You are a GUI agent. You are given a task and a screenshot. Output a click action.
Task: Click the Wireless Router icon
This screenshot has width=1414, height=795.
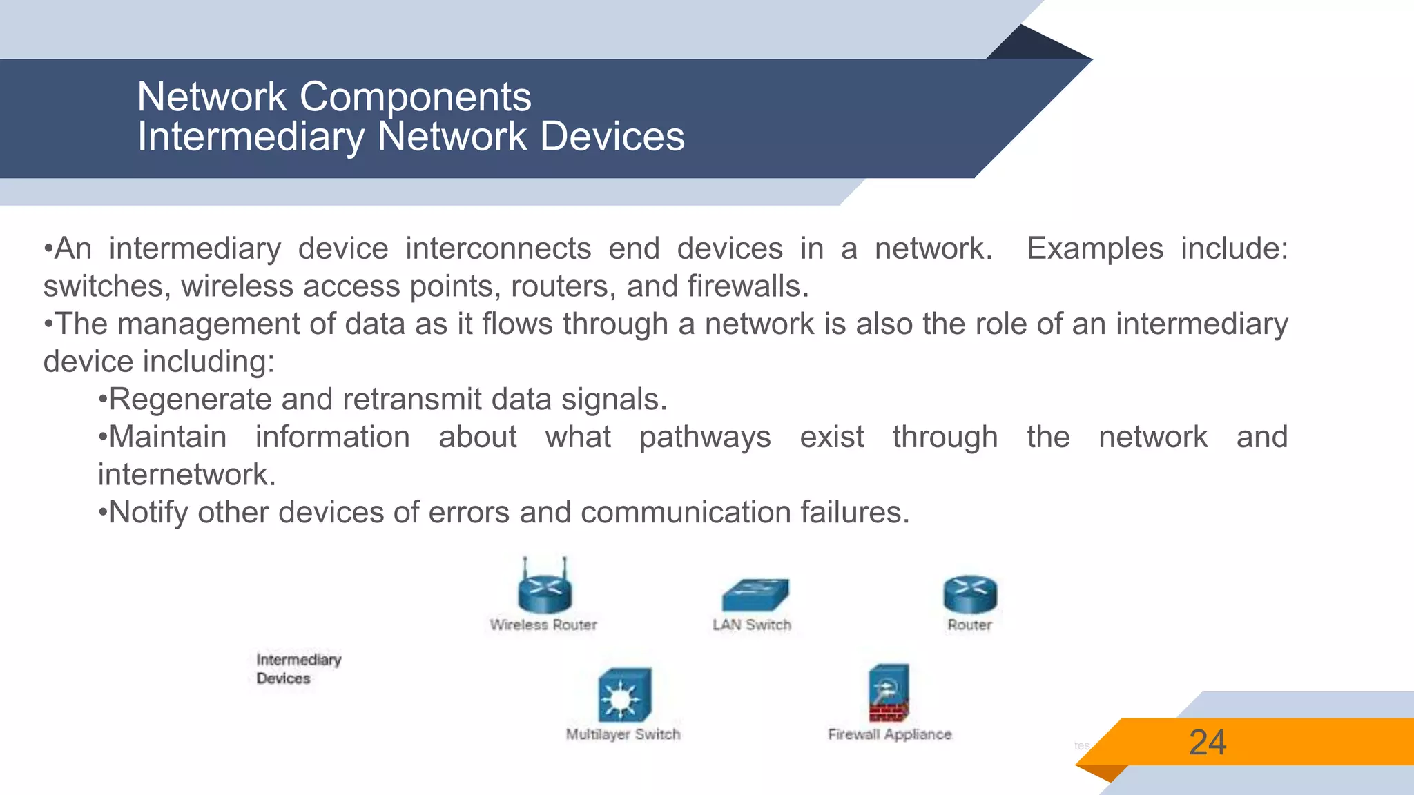tap(545, 590)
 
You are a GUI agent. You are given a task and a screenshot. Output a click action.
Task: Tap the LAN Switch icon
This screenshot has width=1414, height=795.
tap(755, 595)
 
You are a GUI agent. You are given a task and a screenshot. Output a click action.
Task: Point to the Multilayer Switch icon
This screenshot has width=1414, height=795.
tap(624, 696)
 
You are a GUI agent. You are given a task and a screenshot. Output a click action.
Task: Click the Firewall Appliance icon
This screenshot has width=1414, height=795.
tap(889, 693)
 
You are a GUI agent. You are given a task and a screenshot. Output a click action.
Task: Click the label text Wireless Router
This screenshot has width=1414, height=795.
tap(543, 625)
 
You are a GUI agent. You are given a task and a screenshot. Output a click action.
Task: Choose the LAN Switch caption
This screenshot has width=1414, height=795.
tap(752, 625)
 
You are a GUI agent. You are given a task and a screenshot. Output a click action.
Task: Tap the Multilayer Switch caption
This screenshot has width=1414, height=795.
tap(623, 735)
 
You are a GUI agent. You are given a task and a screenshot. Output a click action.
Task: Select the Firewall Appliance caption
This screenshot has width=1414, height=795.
tap(889, 735)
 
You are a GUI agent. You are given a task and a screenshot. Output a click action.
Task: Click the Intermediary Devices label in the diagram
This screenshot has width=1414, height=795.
tap(298, 669)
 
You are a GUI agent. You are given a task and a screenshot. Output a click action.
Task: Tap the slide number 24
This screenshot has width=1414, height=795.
tap(1208, 743)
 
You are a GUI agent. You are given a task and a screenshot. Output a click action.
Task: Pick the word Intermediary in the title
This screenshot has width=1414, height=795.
tap(251, 137)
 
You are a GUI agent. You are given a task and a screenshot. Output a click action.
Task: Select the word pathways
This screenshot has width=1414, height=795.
tap(705, 438)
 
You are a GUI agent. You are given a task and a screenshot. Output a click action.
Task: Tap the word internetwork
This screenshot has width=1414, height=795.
tap(186, 475)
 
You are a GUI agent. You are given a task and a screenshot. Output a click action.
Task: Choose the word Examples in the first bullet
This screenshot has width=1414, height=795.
tap(1094, 249)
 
